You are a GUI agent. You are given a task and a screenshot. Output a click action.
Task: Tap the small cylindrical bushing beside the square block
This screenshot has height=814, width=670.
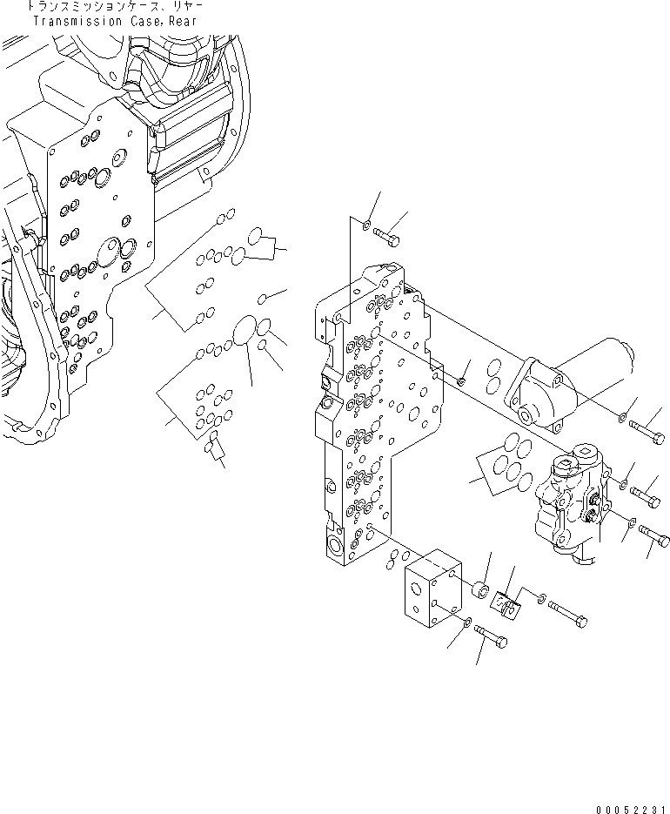click(481, 591)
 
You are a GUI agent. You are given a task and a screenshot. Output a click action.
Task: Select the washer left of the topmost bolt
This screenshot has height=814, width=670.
click(367, 225)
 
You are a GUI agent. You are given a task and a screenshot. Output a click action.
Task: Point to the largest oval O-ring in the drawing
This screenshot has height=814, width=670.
click(247, 332)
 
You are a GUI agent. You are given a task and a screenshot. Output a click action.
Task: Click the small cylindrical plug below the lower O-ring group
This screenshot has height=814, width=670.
click(213, 449)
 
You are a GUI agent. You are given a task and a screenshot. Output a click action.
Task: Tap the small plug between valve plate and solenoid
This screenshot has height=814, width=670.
click(462, 380)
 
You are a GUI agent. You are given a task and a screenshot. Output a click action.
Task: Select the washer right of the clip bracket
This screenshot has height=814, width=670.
click(542, 600)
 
